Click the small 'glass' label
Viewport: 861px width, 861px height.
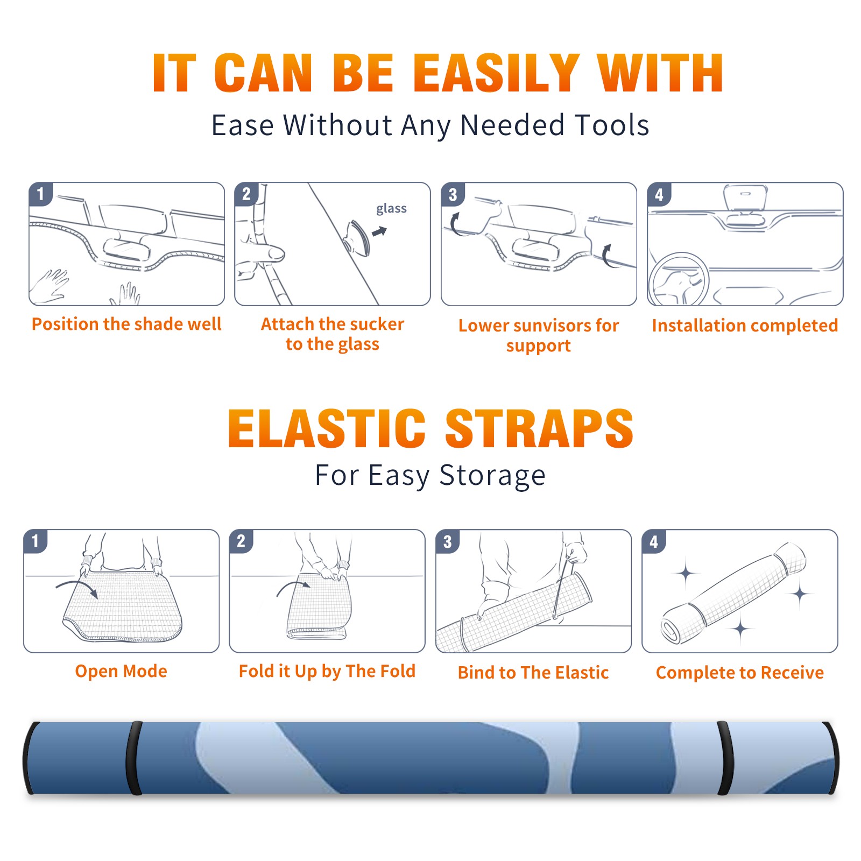click(391, 209)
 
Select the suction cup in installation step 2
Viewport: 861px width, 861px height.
click(357, 237)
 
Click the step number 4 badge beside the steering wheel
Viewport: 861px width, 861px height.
click(659, 194)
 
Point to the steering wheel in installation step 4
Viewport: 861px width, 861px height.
click(679, 279)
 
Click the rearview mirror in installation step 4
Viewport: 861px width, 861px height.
click(745, 197)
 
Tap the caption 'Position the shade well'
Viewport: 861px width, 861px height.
click(126, 324)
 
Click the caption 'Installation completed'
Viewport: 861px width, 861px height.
click(745, 326)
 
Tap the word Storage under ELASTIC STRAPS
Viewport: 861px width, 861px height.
click(492, 476)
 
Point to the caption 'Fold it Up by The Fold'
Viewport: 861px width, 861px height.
click(327, 671)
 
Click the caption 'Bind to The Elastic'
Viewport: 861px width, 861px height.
click(533, 673)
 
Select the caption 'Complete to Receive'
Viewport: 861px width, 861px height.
click(740, 673)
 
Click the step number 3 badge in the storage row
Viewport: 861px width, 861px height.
click(447, 541)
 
